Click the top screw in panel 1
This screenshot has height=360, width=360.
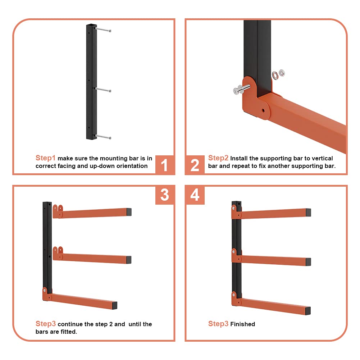tap(103, 29)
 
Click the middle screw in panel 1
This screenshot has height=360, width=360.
tap(103, 90)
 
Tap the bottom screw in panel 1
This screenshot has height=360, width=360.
tap(103, 137)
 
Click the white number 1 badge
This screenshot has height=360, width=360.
tap(164, 165)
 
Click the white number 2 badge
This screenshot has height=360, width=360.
tap(195, 165)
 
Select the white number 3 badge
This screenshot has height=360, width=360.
tap(165, 195)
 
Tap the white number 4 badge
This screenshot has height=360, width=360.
tap(195, 195)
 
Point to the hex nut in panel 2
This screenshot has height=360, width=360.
tap(282, 73)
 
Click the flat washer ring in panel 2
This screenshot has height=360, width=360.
tap(275, 75)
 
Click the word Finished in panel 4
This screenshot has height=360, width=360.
tap(242, 324)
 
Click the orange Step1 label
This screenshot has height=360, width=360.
tap(45, 158)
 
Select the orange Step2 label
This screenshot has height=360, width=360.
tap(218, 158)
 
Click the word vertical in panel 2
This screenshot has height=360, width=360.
tap(322, 158)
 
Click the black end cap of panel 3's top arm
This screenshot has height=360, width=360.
tap(129, 212)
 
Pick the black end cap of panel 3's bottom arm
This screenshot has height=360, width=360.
tap(115, 305)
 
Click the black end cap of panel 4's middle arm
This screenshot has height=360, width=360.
tap(308, 262)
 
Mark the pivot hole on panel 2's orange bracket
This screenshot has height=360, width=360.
tap(263, 110)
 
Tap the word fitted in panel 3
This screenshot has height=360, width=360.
tap(69, 332)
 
